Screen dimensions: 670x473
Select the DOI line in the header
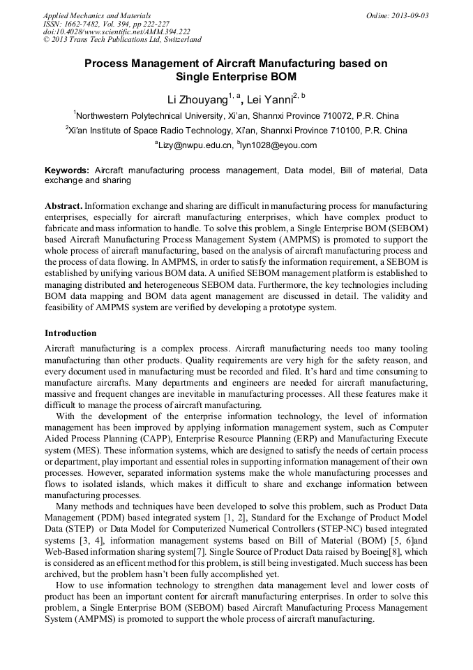[117, 32]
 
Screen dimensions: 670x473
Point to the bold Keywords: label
[67, 170]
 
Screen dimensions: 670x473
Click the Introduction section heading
[70, 333]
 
